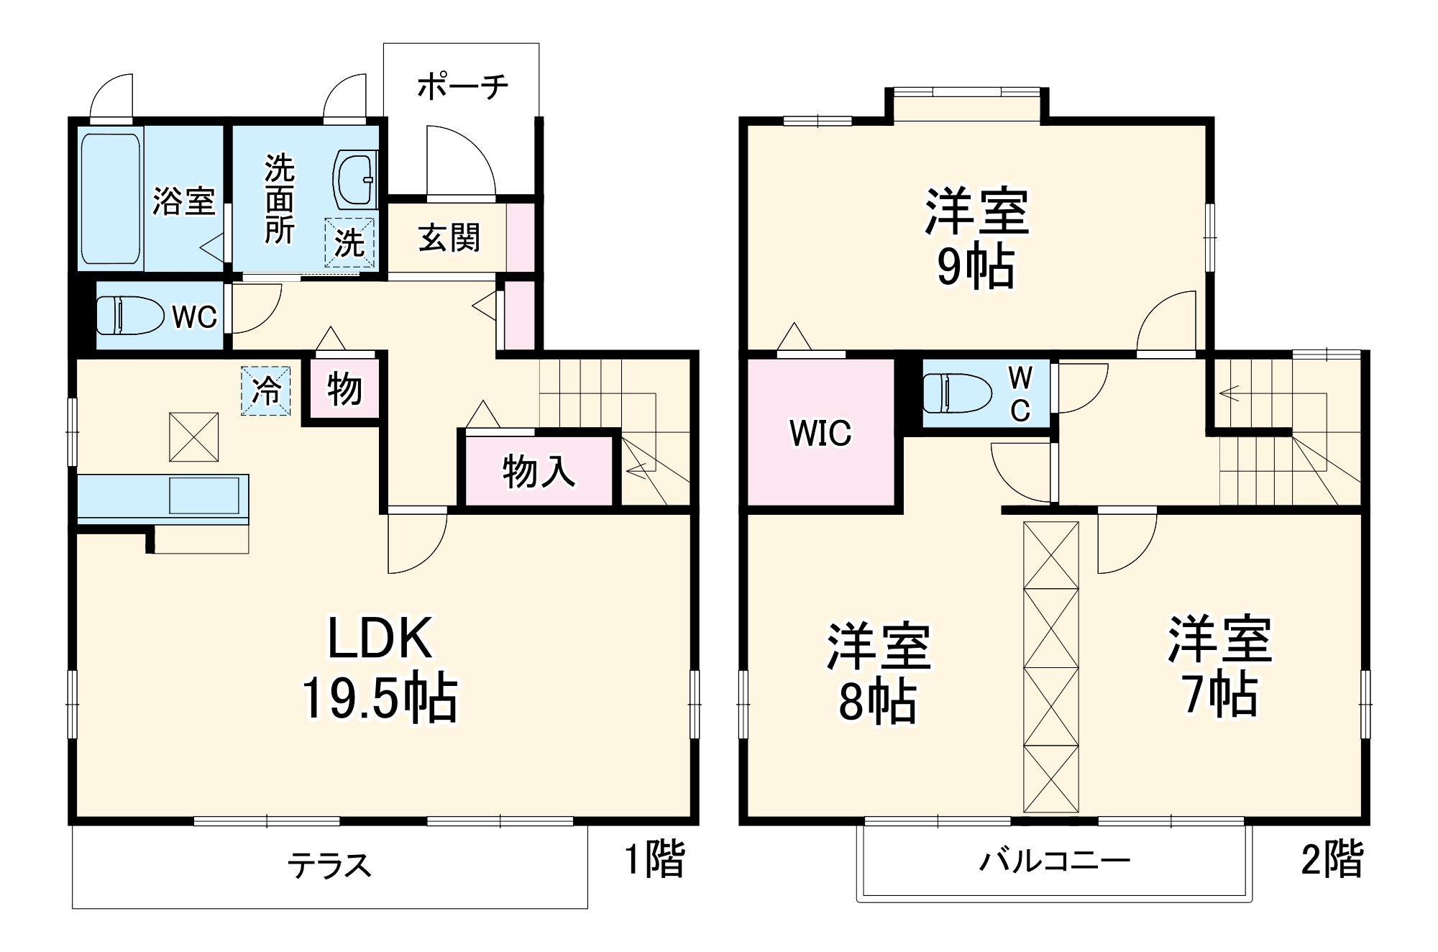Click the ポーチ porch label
click(462, 87)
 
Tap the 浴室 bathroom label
click(184, 201)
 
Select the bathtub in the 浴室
click(110, 198)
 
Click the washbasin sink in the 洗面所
click(354, 180)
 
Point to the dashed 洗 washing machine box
click(349, 242)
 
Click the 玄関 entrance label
click(449, 238)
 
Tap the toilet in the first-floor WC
click(129, 316)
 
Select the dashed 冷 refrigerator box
click(266, 390)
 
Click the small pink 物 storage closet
click(344, 390)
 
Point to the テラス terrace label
click(329, 866)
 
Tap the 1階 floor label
click(654, 859)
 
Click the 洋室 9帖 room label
click(976, 237)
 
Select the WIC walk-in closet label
click(820, 433)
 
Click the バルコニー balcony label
click(1055, 860)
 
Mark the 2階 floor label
click(1332, 859)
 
